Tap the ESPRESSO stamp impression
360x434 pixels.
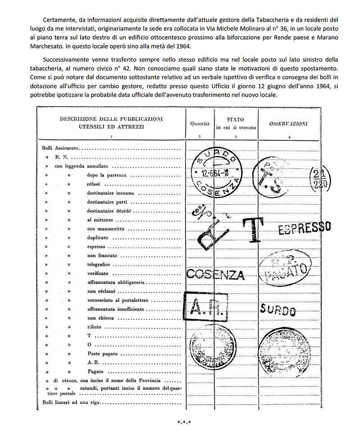pyautogui.click(x=305, y=228)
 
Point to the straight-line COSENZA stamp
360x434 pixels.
pyautogui.click(x=215, y=274)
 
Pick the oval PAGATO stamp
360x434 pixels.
pyautogui.click(x=287, y=266)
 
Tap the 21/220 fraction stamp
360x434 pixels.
pyautogui.click(x=319, y=179)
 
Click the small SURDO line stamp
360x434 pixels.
pyautogui.click(x=278, y=309)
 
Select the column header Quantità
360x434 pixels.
pyautogui.click(x=200, y=122)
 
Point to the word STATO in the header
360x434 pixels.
pyautogui.click(x=236, y=120)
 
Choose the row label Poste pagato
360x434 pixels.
pyautogui.click(x=103, y=353)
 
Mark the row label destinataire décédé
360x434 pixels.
pyautogui.click(x=110, y=210)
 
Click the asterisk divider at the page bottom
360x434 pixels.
pyautogui.click(x=184, y=422)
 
